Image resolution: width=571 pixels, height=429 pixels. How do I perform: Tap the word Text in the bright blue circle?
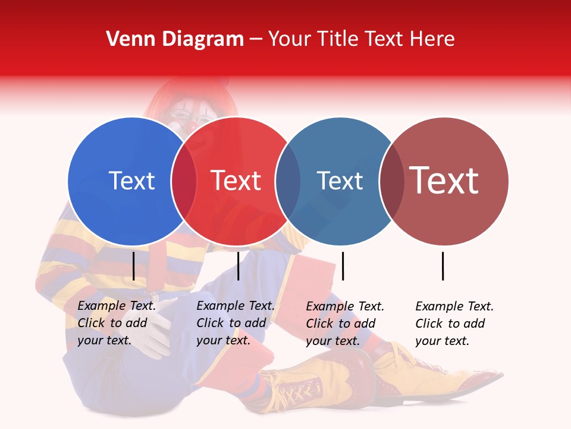131,181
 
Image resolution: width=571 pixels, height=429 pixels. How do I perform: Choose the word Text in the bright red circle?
236,181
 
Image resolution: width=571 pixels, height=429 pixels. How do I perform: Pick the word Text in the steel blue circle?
340,181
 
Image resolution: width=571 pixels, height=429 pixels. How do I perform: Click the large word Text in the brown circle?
444,180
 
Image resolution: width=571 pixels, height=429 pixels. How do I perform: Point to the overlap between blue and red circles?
184,181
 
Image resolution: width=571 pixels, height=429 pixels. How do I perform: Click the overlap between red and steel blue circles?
288,181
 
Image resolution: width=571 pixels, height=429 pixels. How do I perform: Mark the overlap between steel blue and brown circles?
391,181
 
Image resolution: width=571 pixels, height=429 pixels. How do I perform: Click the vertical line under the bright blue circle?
134,266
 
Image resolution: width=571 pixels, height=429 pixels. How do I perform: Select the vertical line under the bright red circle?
238,266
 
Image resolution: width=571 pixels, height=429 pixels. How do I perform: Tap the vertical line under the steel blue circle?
343,266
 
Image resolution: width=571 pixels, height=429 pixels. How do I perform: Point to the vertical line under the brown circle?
443,266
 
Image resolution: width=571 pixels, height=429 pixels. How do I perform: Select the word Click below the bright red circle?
209,323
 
